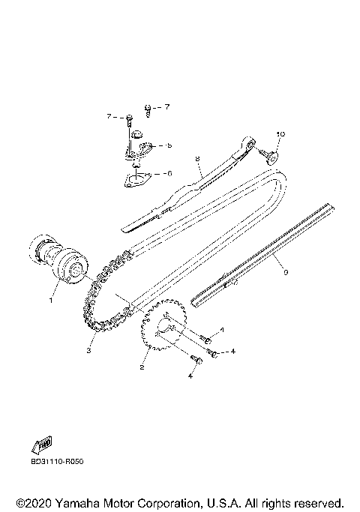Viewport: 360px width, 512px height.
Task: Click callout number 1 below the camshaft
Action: [51, 300]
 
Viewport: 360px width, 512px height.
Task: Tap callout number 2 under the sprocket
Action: [142, 367]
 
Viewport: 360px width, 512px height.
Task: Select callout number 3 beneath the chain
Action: [88, 351]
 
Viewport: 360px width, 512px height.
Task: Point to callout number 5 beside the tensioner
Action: [169, 145]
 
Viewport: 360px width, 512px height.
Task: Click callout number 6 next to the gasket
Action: [169, 174]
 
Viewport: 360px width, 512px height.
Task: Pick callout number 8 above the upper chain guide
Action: [197, 159]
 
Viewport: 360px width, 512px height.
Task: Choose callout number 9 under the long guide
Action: [286, 272]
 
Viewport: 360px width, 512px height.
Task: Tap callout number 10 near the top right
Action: [280, 134]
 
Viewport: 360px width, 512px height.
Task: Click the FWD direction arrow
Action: [42, 445]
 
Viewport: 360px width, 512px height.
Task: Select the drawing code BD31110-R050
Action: [57, 462]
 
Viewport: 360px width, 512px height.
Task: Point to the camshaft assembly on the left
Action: [58, 260]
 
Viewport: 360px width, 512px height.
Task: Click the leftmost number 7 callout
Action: [109, 117]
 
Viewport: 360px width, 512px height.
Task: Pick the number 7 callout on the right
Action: [167, 106]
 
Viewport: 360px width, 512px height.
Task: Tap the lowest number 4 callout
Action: [190, 376]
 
